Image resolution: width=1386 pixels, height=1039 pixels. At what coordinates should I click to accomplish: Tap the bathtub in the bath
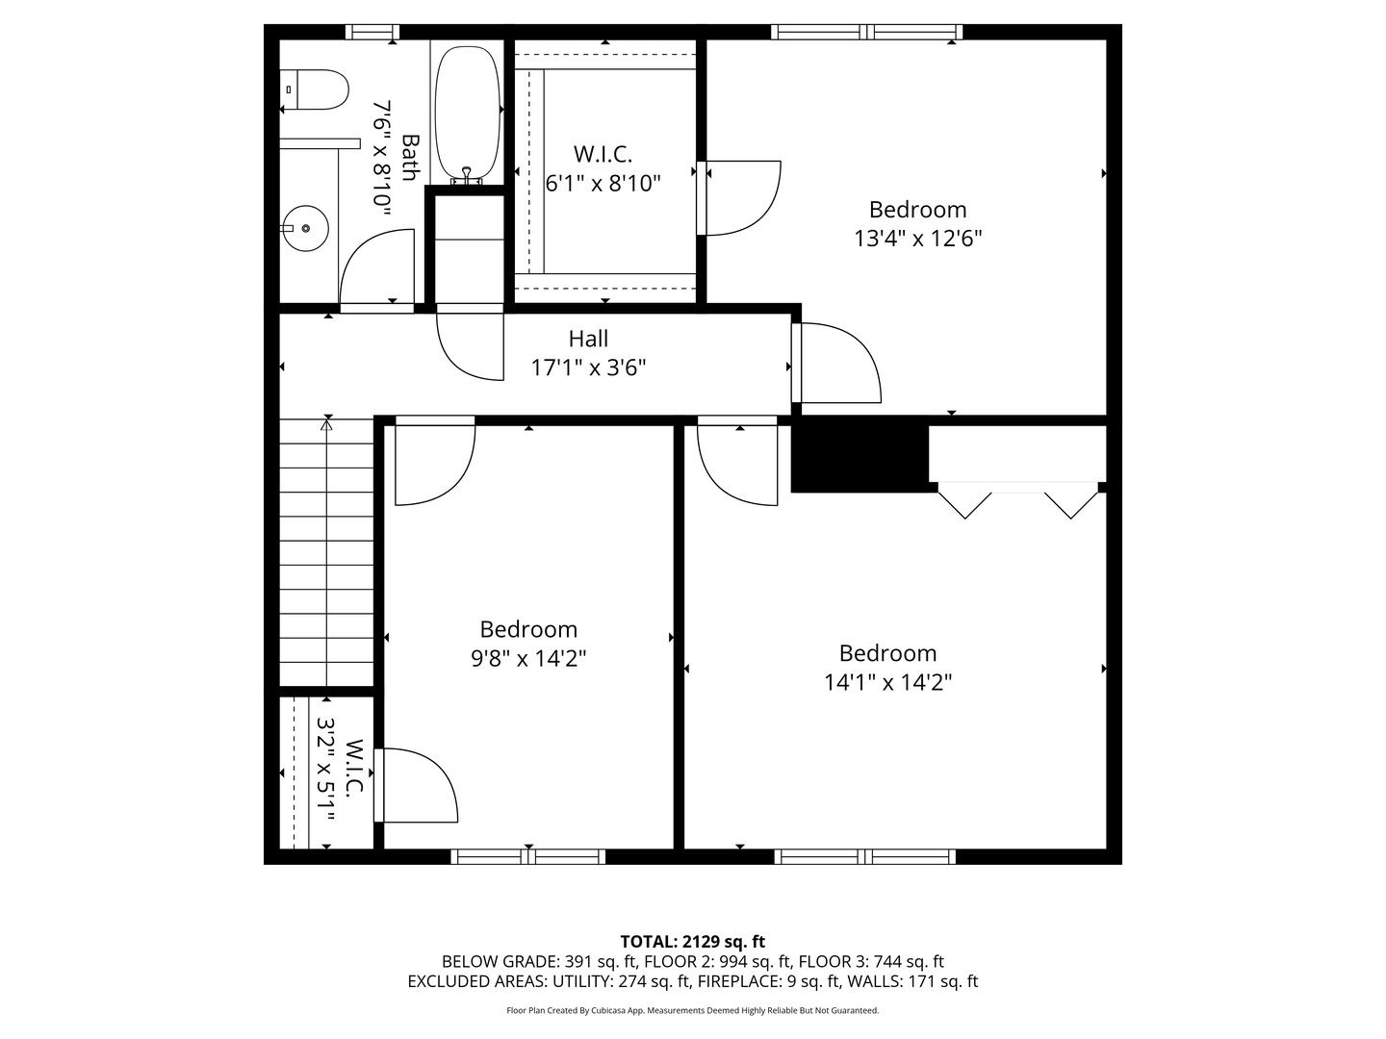tap(468, 112)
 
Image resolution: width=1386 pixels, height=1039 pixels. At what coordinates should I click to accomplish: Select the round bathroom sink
tap(306, 229)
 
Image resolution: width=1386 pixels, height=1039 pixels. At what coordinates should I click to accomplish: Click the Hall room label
tap(588, 339)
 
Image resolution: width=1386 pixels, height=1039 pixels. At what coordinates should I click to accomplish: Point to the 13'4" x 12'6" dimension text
tap(917, 238)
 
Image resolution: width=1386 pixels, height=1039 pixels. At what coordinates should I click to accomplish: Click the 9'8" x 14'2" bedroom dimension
tap(528, 658)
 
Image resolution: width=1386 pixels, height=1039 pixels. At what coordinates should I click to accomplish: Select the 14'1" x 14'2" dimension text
tap(887, 682)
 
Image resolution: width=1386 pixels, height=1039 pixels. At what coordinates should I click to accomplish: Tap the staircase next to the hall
tap(327, 553)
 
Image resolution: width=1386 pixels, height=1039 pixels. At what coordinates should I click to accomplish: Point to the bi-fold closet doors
tap(1018, 500)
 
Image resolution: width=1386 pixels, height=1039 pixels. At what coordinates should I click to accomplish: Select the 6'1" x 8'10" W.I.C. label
tap(603, 183)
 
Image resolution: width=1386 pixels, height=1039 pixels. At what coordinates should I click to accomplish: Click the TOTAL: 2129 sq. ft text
tap(692, 941)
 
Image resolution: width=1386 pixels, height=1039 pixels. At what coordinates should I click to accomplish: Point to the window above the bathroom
tap(372, 32)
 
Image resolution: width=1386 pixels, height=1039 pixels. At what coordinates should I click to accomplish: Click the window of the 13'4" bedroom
tap(866, 32)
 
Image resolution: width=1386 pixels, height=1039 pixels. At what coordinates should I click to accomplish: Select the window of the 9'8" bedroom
tap(528, 856)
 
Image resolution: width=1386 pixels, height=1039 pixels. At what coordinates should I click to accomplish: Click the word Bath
tap(410, 157)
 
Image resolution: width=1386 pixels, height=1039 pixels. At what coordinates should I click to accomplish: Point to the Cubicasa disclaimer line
tap(692, 1010)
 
